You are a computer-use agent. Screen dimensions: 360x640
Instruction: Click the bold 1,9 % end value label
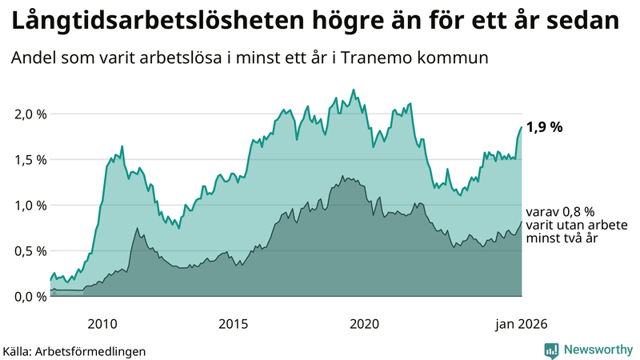click(x=545, y=126)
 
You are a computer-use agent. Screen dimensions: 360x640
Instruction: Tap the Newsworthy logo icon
click(x=551, y=350)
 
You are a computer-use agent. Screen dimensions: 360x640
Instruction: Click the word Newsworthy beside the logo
click(x=596, y=350)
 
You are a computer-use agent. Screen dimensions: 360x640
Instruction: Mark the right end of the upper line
click(x=522, y=127)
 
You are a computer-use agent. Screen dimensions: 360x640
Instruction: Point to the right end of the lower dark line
click(x=522, y=222)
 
